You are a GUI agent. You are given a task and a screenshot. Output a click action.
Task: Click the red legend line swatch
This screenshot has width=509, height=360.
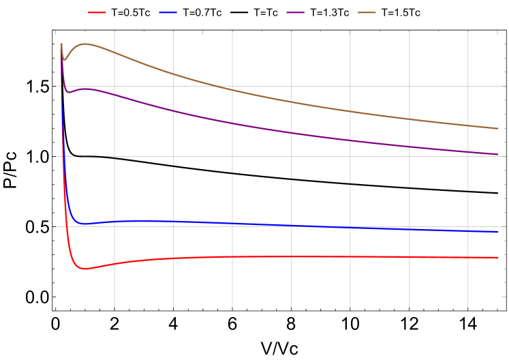click(97, 12)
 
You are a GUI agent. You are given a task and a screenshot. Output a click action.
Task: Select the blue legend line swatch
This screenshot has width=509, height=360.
click(168, 12)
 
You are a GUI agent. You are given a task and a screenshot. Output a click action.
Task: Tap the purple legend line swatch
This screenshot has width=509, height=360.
click(295, 12)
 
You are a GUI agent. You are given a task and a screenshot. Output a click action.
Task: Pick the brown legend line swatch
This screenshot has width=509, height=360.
click(367, 12)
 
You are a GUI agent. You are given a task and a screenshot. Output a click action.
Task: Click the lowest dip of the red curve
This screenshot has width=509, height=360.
click(84, 269)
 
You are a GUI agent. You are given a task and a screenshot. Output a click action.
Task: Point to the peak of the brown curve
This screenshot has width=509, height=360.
click(85, 44)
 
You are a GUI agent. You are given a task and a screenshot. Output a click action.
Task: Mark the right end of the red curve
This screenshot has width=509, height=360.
click(498, 258)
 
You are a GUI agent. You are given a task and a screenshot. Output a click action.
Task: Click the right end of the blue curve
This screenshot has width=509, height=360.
click(498, 232)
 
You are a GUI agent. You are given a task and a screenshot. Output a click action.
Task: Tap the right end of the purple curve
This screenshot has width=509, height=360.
click(498, 154)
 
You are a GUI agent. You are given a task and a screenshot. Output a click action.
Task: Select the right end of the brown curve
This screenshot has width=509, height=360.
click(498, 128)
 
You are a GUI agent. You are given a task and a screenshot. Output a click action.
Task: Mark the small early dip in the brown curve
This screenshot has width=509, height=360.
click(64, 60)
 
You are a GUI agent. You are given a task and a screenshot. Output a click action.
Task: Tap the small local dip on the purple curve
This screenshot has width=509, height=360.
click(68, 92)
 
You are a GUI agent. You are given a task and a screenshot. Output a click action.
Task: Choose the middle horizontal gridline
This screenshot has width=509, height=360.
click(273, 156)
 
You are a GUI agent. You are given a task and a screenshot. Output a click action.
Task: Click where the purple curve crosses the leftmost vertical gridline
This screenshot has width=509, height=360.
click(114, 94)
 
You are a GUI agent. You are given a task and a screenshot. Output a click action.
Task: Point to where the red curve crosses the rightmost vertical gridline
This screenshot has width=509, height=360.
click(468, 258)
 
